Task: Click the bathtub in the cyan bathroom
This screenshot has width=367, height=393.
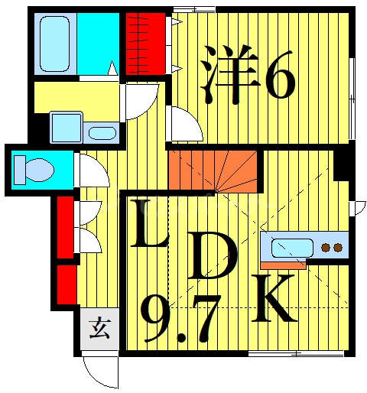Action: (x=54, y=43)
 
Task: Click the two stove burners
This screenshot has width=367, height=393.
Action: (x=332, y=247)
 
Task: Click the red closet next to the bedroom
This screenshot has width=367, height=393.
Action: (x=145, y=43)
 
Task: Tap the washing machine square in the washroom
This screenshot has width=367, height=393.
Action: (x=66, y=127)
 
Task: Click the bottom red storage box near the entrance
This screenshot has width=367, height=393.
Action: (x=66, y=283)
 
